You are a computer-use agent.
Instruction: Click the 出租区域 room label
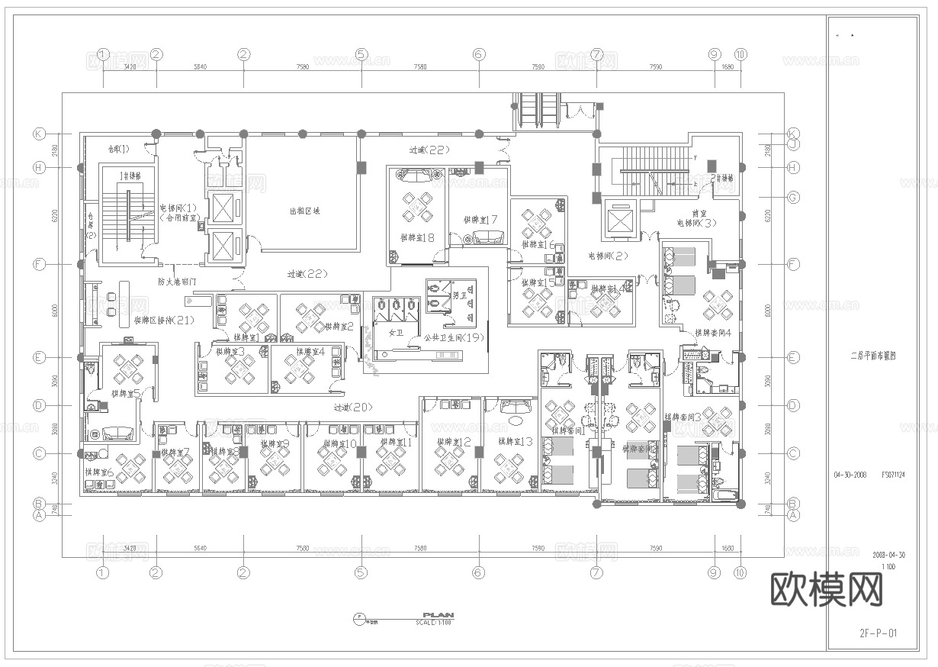(x=304, y=211)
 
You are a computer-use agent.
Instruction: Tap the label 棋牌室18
(x=417, y=237)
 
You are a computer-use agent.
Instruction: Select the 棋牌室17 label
(x=480, y=220)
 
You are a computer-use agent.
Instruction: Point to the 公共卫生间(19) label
(x=454, y=337)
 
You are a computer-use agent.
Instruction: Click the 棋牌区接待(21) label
(x=163, y=321)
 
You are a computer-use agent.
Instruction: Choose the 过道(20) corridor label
(x=352, y=408)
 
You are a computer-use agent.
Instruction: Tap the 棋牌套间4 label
(x=712, y=333)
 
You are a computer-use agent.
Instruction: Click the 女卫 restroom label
(x=395, y=333)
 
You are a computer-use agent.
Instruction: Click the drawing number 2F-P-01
(x=877, y=633)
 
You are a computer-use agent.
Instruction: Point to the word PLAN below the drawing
(x=438, y=614)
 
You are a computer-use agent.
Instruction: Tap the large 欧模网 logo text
(x=827, y=590)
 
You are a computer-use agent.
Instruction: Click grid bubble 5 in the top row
(x=361, y=54)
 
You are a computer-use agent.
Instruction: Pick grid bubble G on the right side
(x=793, y=198)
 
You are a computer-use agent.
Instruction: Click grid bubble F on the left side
(x=39, y=264)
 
